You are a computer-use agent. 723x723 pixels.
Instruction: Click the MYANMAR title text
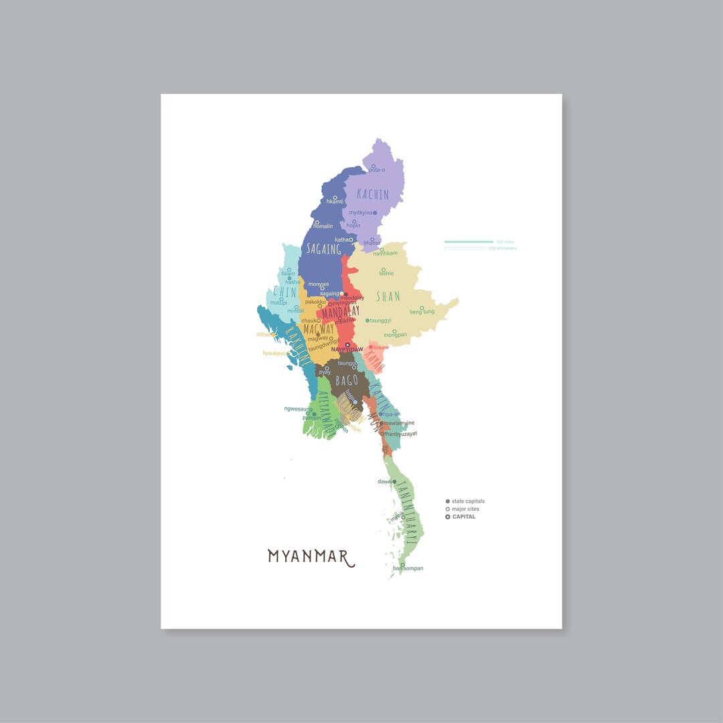pos(311,557)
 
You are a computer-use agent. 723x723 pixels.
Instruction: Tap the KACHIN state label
pos(372,194)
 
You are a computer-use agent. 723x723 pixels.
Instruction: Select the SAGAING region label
pos(323,249)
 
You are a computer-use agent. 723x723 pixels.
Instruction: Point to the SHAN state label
pos(388,296)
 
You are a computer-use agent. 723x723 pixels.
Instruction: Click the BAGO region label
pos(347,381)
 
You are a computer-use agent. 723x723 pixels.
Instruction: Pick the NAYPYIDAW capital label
pos(347,349)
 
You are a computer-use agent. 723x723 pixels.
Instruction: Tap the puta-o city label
pos(377,170)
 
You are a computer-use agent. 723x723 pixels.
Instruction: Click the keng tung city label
pos(422,312)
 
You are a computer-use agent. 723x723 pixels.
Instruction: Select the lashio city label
pos(386,273)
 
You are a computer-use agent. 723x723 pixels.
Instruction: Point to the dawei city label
pos(384,481)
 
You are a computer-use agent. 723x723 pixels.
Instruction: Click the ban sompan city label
pos(408,568)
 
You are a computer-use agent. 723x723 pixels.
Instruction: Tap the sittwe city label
pos(265,334)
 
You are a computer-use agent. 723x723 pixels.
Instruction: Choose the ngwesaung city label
pos(298,408)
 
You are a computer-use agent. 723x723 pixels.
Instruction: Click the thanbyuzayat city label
pos(400,434)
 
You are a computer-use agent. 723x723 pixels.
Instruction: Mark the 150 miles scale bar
pos(469,242)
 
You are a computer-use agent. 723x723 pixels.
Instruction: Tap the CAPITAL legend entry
pos(463,517)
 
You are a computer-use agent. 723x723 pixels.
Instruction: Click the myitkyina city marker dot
pos(375,213)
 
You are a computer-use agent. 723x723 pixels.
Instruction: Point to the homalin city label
pos(323,226)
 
